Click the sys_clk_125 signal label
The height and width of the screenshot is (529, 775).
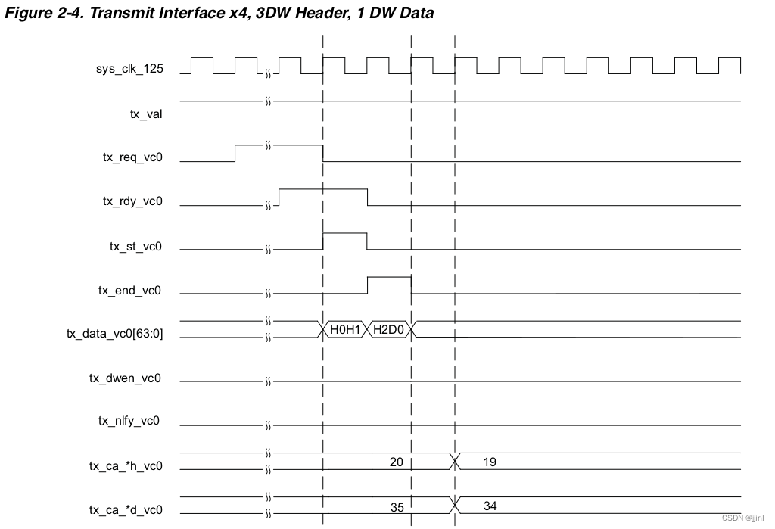tap(129, 70)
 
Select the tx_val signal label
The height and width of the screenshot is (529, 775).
tap(146, 114)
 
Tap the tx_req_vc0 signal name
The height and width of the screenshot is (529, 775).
tap(132, 158)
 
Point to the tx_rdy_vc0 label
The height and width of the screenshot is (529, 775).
tap(132, 202)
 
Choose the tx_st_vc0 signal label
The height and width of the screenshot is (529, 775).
tap(135, 247)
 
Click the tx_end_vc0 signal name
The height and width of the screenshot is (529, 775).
tap(130, 291)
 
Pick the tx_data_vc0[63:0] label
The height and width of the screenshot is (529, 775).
tap(114, 333)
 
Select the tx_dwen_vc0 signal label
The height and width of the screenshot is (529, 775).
tap(125, 378)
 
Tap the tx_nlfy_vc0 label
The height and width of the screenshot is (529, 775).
tap(129, 421)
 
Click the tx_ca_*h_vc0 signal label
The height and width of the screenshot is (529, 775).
tap(125, 466)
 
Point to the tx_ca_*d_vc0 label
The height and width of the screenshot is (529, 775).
tap(125, 510)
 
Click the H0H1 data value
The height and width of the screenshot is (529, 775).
tap(345, 329)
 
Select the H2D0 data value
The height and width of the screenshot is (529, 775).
tap(389, 329)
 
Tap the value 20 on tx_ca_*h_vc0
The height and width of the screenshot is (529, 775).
tap(396, 462)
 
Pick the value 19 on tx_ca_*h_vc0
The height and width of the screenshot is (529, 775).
tap(490, 462)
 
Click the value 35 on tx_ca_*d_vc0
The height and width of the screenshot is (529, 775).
tap(397, 507)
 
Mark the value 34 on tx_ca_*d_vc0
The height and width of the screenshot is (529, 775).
tap(490, 506)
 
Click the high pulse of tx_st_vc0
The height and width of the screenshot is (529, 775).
tap(345, 235)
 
